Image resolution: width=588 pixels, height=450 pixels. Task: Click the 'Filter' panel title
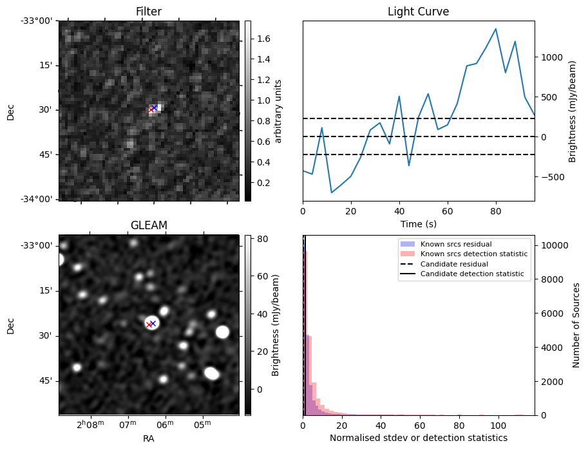pos(149,12)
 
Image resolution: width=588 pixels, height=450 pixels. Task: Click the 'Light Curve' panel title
pos(418,12)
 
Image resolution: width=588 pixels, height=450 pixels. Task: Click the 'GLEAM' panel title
pos(149,225)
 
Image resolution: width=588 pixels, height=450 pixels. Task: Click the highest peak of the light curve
pos(495,29)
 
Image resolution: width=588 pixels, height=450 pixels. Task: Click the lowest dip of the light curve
pos(332,192)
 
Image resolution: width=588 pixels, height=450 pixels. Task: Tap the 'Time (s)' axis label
pos(418,222)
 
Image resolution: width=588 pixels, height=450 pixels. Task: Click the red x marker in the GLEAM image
pos(149,325)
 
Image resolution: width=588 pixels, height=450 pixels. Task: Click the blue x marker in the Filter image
pos(155,108)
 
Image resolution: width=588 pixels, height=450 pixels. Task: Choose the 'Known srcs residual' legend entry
pos(456,245)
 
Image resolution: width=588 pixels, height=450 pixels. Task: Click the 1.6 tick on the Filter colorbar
pos(263,39)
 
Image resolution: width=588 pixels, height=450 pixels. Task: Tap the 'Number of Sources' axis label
pos(576,325)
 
